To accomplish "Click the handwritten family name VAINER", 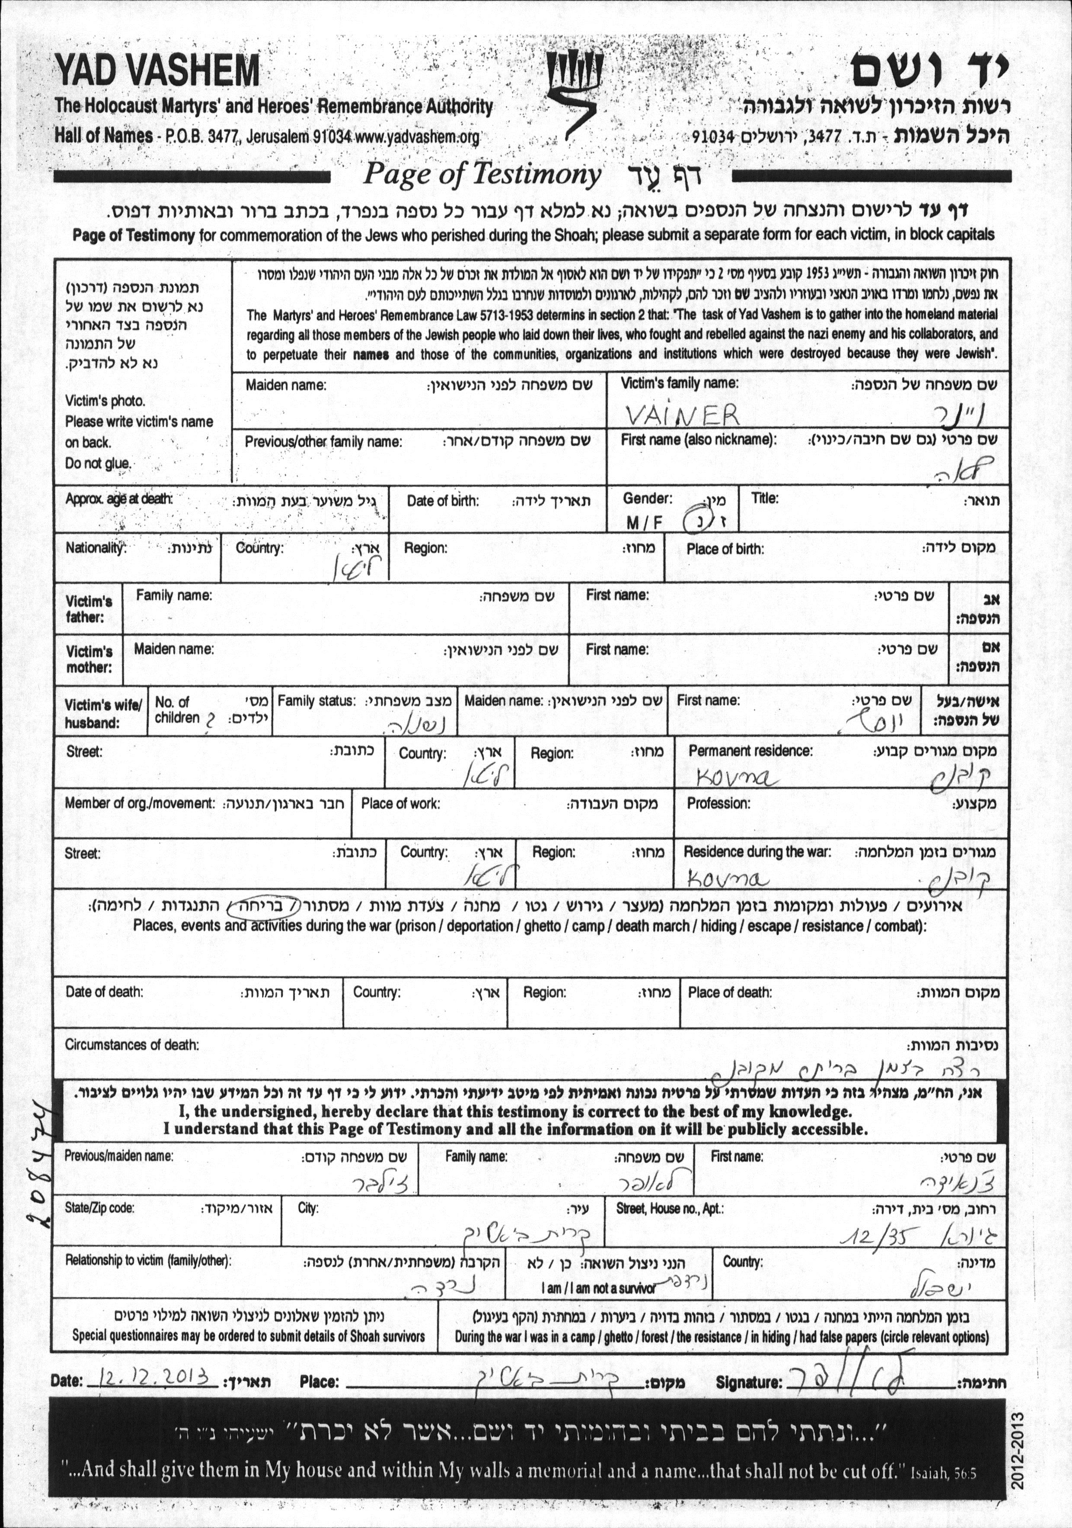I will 683,416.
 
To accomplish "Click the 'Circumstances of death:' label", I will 132,1044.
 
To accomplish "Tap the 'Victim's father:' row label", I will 89,609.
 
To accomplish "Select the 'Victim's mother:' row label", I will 89,659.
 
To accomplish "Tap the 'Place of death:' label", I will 730,992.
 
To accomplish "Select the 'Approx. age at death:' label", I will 118,499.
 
